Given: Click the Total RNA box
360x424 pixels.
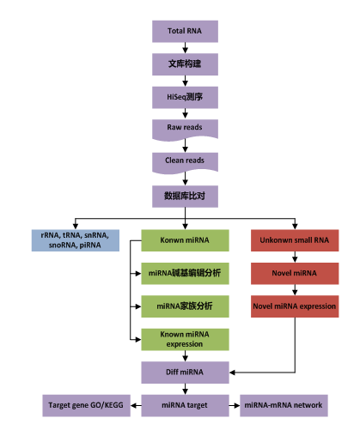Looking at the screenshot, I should [185, 32].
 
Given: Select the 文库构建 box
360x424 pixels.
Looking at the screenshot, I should [185, 64].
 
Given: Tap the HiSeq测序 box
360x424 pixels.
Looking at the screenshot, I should [185, 97].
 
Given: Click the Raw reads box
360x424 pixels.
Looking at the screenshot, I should [185, 129].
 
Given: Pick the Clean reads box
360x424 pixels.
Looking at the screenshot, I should [185, 161].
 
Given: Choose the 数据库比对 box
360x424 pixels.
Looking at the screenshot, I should [185, 195].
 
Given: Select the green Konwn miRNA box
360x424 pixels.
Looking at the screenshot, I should [185, 241].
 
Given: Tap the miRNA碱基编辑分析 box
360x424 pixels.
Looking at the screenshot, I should [185, 274].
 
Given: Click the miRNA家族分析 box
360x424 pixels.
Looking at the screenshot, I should [185, 306].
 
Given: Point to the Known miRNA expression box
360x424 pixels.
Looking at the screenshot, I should [185, 338].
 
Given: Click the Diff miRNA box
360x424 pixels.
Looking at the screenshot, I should [185, 372].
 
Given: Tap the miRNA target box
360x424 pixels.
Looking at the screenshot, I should [185, 403].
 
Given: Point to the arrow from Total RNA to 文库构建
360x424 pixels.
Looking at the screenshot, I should [185, 48].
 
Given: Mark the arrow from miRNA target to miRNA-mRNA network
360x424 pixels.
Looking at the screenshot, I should [233, 403].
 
